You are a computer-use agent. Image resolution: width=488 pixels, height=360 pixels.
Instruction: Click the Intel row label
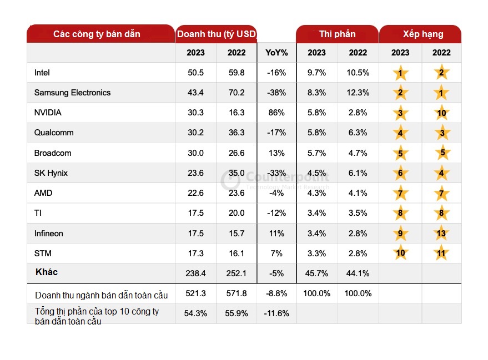(x=42, y=73)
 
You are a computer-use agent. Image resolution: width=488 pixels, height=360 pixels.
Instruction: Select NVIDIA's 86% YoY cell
(x=276, y=113)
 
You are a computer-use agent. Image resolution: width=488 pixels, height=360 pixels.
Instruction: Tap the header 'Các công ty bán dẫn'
(x=97, y=34)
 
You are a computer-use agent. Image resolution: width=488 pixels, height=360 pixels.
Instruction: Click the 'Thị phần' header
(x=337, y=34)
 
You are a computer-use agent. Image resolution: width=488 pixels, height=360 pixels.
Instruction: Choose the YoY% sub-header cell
(x=276, y=53)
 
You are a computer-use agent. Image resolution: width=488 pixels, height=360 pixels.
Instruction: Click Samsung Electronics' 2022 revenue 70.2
(x=236, y=93)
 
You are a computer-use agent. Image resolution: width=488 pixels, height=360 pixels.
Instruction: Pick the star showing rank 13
(x=441, y=234)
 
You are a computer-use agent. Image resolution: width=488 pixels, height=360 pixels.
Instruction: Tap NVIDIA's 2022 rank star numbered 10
(x=441, y=113)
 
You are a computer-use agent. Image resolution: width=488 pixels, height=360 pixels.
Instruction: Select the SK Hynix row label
(x=51, y=173)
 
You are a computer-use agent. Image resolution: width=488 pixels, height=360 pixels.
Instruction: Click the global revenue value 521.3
(x=195, y=293)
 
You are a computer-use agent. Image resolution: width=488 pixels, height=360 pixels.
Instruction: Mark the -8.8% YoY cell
(x=276, y=293)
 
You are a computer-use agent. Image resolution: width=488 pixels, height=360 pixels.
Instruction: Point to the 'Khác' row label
(x=47, y=272)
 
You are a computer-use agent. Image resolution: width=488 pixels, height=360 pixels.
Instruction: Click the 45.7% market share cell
(x=316, y=273)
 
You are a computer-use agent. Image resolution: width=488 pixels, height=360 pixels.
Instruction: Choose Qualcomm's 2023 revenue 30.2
(x=195, y=133)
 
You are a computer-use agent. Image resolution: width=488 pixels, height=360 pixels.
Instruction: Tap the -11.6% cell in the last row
(x=276, y=313)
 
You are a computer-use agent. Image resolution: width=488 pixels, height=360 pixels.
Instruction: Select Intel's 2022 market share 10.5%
(x=358, y=73)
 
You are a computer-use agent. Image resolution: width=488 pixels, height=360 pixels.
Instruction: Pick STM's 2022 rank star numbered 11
(x=441, y=253)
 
